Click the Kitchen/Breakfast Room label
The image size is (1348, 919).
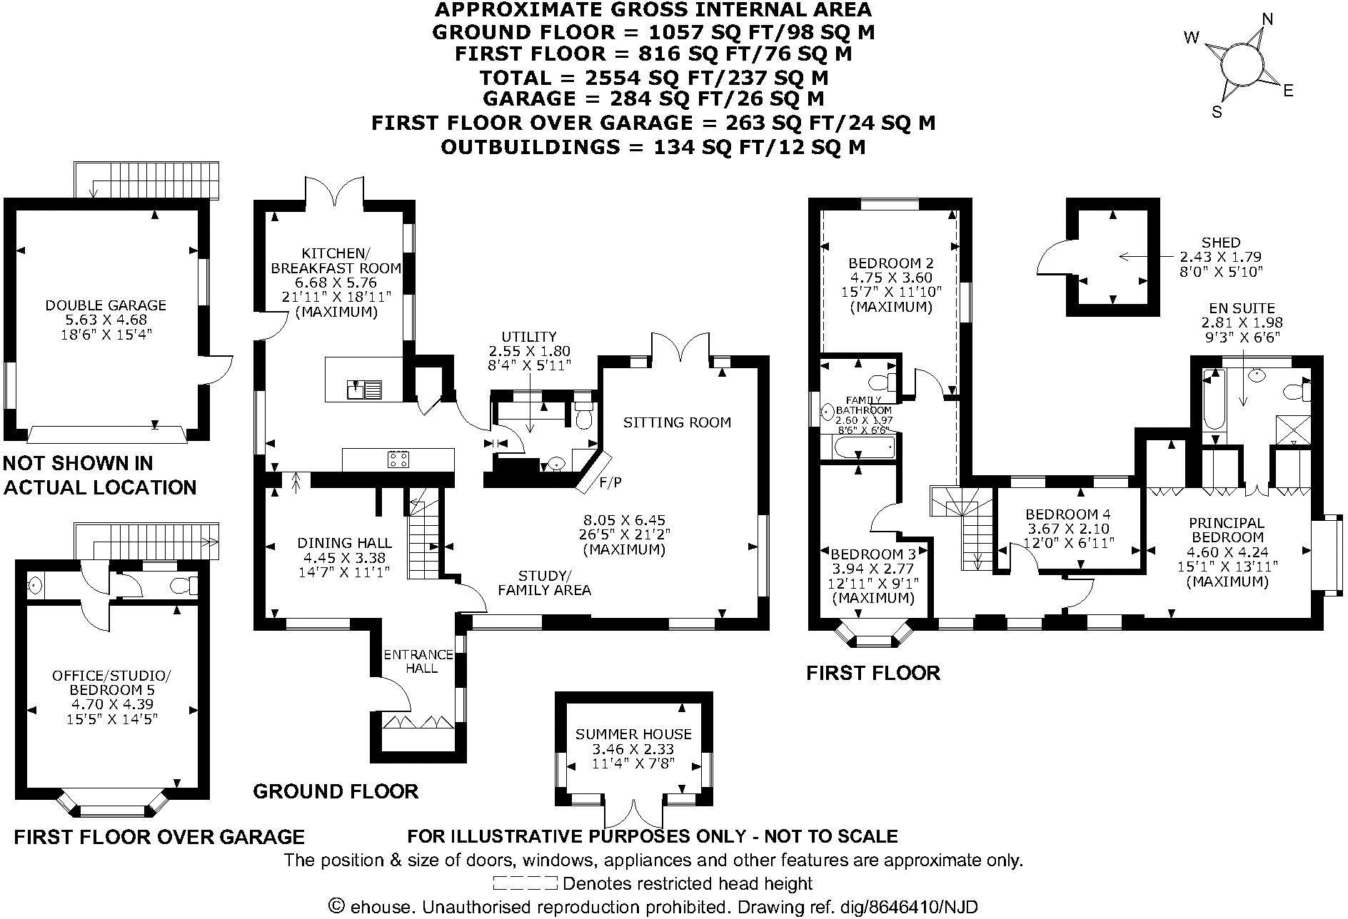pos(333,260)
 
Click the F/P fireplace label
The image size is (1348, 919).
pos(610,483)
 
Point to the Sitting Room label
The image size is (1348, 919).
pos(677,422)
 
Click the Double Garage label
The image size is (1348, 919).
pos(106,305)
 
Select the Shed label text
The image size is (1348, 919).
pos(1221,243)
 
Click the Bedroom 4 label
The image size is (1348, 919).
pos(1067,514)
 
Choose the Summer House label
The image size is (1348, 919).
pos(633,734)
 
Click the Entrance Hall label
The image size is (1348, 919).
pos(420,661)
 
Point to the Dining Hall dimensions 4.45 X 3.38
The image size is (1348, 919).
pos(344,557)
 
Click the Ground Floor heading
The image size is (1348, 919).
pos(336,791)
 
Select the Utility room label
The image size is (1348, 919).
pos(528,337)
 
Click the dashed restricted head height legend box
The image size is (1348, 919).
pos(525,884)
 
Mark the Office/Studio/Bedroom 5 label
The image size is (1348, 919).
pos(112,683)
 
